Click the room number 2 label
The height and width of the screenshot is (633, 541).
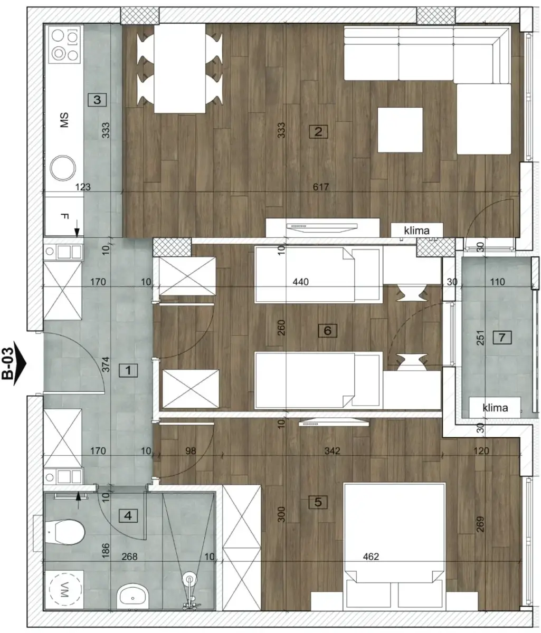pyautogui.click(x=318, y=131)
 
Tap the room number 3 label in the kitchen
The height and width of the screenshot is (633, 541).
pyautogui.click(x=98, y=99)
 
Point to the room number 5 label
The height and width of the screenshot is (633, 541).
pyautogui.click(x=318, y=502)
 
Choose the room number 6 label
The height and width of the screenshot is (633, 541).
pyautogui.click(x=327, y=331)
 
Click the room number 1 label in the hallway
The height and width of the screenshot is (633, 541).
pyautogui.click(x=128, y=370)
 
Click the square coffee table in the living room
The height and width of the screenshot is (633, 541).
pyautogui.click(x=400, y=130)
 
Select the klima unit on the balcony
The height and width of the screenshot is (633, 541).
pyautogui.click(x=495, y=407)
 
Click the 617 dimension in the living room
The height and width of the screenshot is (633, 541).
pyautogui.click(x=321, y=187)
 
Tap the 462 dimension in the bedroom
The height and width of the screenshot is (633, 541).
pyautogui.click(x=371, y=556)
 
